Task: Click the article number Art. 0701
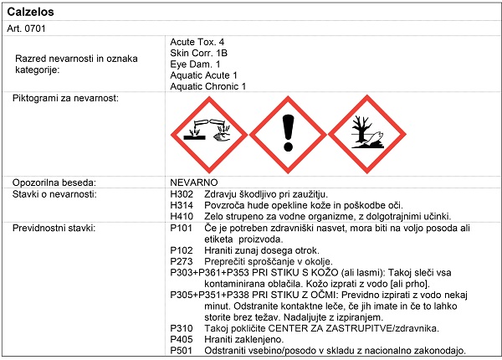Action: (x=26, y=28)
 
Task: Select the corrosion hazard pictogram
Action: (x=208, y=132)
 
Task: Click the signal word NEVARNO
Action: (x=193, y=182)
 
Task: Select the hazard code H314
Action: (x=182, y=205)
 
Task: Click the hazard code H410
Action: (x=182, y=217)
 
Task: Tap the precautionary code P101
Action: (x=182, y=229)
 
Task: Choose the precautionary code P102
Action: (x=182, y=250)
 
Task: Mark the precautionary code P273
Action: (x=182, y=262)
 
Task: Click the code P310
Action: (x=182, y=328)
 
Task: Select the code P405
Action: (x=182, y=339)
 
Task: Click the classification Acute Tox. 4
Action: (x=197, y=42)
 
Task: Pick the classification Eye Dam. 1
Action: (x=196, y=64)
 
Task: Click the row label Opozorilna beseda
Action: (x=55, y=182)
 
